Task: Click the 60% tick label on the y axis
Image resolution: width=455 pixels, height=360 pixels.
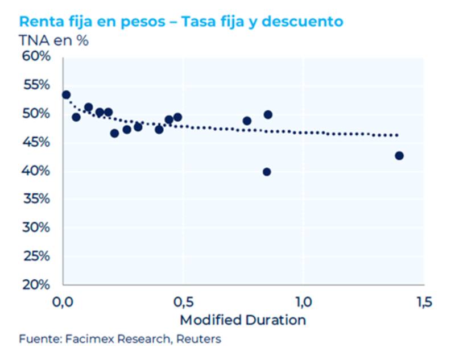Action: (36, 56)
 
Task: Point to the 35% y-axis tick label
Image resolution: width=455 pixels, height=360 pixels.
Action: (36, 199)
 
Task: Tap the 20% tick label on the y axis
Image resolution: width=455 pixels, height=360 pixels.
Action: (36, 284)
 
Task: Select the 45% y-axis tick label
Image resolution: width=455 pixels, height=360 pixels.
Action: (36, 142)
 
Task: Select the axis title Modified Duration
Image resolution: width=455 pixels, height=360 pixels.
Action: (243, 320)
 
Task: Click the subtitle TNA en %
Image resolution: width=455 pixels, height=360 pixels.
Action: (53, 41)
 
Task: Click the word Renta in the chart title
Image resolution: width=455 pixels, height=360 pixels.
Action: (40, 22)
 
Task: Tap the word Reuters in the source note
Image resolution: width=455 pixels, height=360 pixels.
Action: (200, 340)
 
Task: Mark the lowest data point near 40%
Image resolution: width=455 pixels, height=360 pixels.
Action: (267, 172)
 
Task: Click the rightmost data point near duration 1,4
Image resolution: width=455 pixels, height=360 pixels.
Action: (399, 156)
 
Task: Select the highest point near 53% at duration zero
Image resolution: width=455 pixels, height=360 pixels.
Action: (66, 94)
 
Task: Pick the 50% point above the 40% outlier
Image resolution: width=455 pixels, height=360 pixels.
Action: (268, 114)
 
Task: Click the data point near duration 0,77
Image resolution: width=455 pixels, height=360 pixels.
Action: (247, 121)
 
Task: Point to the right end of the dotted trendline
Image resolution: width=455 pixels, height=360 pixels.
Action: (397, 135)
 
